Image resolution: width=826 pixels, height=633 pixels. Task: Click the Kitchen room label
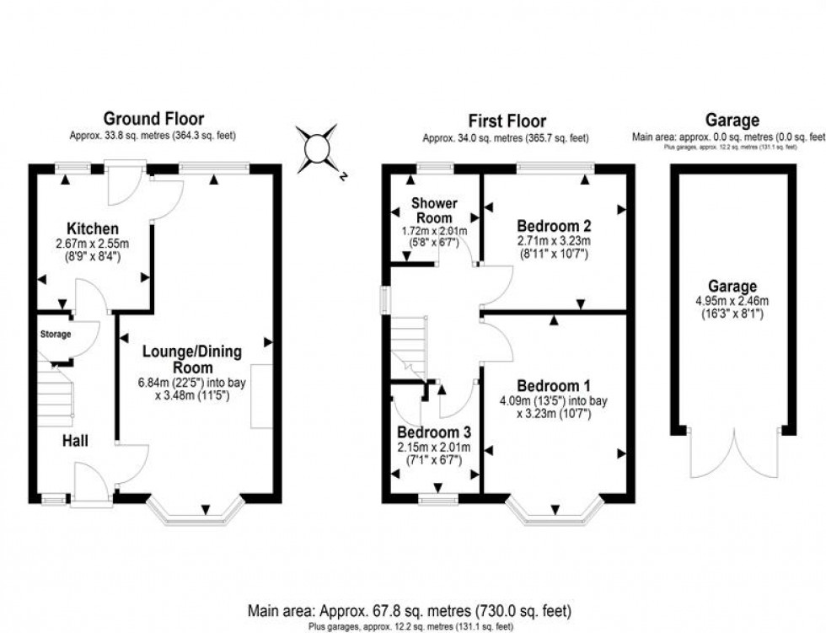92,228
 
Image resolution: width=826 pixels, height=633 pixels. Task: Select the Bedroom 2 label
554,226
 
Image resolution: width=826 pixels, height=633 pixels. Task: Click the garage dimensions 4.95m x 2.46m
732,301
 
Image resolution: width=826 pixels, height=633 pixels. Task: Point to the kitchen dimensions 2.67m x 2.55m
92,244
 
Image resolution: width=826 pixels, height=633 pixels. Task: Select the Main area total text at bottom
410,609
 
